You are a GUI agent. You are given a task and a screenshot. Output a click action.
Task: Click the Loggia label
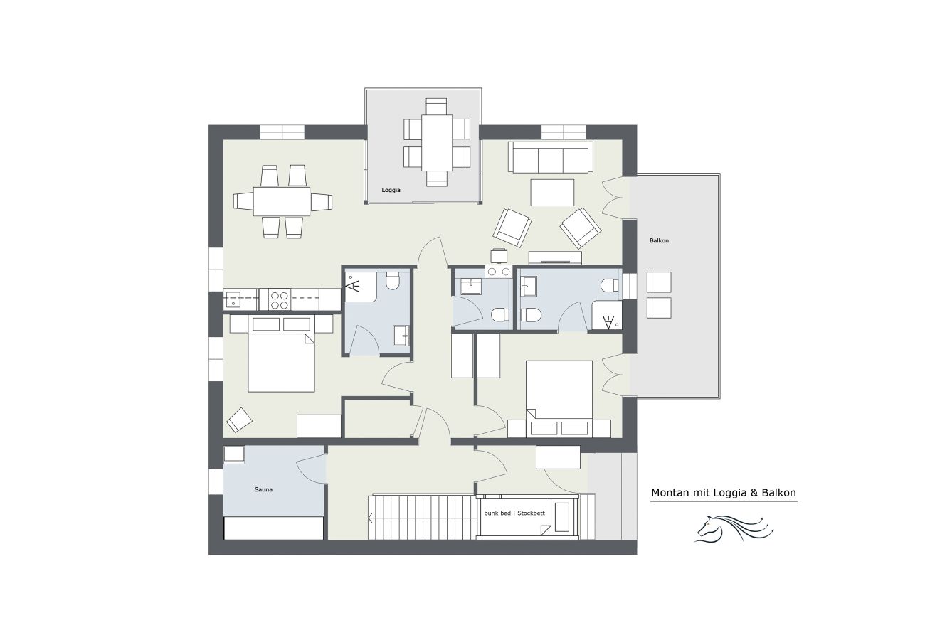391,191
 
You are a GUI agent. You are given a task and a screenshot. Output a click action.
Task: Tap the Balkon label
659,240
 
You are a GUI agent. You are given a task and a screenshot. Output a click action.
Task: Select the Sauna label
263,489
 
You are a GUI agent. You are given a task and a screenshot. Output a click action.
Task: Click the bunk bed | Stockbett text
514,513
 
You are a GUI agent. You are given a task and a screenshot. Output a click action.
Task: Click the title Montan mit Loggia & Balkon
724,493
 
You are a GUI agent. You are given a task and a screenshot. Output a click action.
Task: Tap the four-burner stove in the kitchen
279,299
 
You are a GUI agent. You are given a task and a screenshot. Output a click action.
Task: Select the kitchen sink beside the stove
233,299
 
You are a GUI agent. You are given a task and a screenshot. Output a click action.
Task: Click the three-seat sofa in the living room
551,157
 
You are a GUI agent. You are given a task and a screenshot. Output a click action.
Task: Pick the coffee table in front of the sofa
552,192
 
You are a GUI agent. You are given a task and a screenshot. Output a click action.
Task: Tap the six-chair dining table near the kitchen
282,201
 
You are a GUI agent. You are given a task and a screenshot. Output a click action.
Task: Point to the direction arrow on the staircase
371,518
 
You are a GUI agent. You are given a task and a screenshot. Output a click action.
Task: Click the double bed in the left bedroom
281,354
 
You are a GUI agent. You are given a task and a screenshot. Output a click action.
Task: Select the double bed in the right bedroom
559,399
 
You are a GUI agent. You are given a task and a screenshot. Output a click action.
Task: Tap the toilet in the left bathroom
392,281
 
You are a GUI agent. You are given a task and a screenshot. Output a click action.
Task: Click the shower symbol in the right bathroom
608,322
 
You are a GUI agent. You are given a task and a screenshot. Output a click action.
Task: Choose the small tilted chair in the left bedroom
240,420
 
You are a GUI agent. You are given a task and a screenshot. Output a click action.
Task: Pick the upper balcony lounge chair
659,282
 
